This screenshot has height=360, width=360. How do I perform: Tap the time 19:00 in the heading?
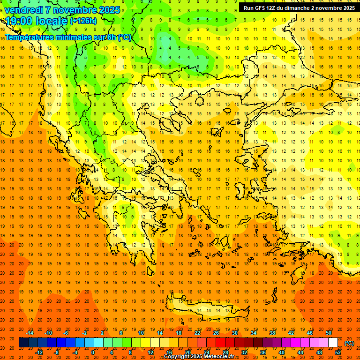[x=20, y=21]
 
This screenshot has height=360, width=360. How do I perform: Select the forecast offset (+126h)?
[x=83, y=21]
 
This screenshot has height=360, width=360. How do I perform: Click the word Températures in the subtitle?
[x=28, y=37]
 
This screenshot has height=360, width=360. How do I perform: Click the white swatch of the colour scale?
[x=333, y=343]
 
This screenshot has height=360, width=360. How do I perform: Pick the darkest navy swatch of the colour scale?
[x=23, y=343]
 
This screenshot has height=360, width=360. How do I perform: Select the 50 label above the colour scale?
[x=329, y=333]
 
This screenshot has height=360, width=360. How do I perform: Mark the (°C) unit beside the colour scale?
[x=349, y=343]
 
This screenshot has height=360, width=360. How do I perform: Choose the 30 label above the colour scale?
[x=234, y=333]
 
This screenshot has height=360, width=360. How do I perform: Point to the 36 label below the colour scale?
[x=263, y=352]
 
